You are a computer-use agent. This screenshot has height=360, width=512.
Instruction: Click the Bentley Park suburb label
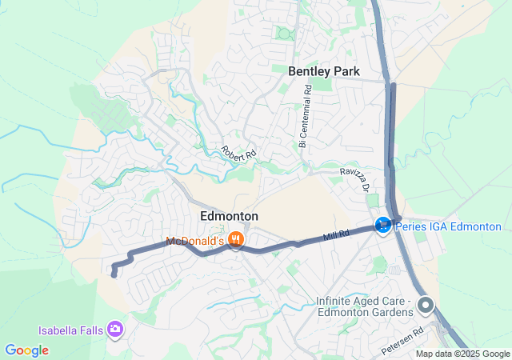click(324, 71)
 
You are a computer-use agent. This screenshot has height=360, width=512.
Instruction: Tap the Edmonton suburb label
click(229, 217)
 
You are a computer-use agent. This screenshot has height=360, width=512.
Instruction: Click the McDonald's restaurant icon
click(235, 239)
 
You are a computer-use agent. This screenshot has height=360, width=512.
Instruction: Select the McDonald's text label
click(195, 241)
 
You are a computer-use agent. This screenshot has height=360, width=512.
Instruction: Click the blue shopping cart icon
click(384, 226)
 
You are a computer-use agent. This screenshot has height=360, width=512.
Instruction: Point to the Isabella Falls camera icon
click(116, 329)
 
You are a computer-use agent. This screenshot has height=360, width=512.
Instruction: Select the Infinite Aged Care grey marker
click(426, 305)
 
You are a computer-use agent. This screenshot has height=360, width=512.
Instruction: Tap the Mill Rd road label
click(336, 235)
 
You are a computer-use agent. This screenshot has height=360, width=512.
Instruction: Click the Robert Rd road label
click(238, 150)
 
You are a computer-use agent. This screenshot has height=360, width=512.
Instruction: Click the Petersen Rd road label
click(402, 341)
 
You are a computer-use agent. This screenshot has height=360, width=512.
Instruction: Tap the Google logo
click(26, 350)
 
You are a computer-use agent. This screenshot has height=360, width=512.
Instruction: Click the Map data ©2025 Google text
click(462, 354)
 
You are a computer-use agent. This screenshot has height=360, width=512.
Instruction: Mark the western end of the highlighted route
click(114, 275)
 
